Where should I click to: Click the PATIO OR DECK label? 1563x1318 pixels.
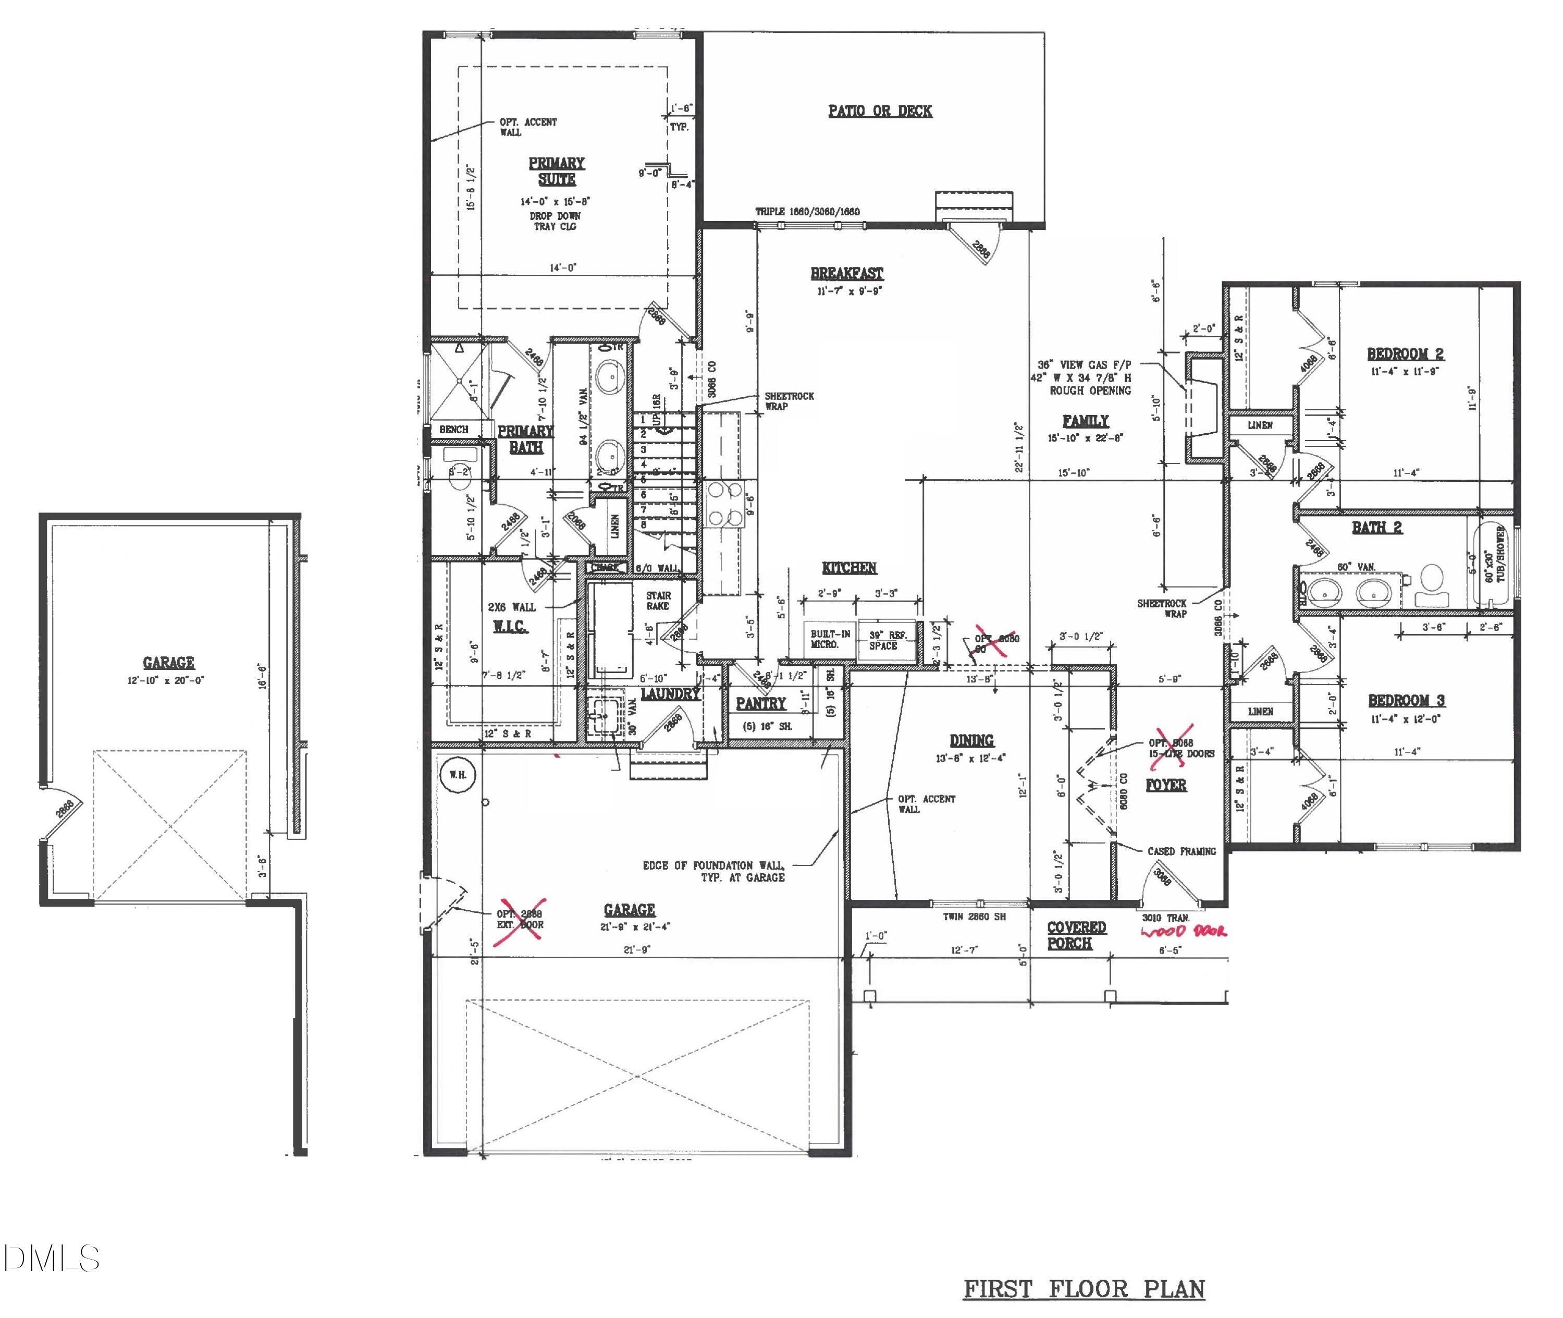click(x=880, y=112)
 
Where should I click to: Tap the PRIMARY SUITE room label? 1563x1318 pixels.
click(x=556, y=171)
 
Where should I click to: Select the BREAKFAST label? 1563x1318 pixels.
click(x=847, y=274)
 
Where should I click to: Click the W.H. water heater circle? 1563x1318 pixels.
click(x=457, y=775)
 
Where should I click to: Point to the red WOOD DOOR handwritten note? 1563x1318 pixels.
click(x=1184, y=932)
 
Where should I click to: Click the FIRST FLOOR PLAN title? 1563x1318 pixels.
click(x=1084, y=1289)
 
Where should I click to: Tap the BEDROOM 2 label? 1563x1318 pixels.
click(x=1405, y=354)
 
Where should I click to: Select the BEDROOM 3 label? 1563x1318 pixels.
click(x=1406, y=700)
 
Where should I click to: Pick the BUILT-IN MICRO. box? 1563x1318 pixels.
click(x=830, y=640)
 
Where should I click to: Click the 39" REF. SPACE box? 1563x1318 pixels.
click(x=887, y=640)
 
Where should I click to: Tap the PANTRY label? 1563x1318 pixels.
click(x=760, y=703)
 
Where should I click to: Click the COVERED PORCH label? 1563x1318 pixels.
click(x=1075, y=935)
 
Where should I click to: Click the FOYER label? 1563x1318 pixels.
click(x=1166, y=785)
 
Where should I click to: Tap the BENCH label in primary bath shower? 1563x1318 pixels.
click(x=453, y=430)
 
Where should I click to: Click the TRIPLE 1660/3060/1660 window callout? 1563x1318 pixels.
click(x=807, y=212)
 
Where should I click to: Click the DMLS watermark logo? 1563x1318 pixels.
click(x=50, y=1258)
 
